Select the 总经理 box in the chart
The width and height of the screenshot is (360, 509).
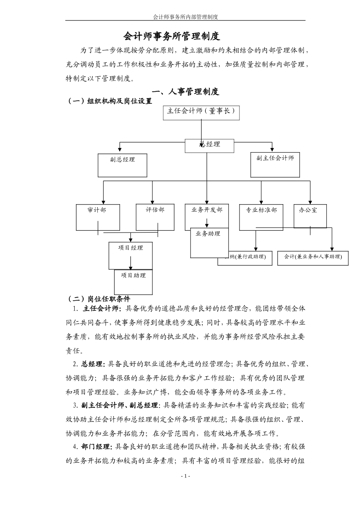pos(210,145)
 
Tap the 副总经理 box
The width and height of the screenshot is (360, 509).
pos(122,165)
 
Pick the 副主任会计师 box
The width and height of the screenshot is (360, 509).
pos(275,165)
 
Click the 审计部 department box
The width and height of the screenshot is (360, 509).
pos(97,217)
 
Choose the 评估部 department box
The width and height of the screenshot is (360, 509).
pos(155,217)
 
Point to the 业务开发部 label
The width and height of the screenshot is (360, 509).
pos(207,210)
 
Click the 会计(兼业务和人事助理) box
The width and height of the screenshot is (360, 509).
pos(313,257)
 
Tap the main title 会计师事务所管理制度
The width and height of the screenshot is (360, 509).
pos(172,37)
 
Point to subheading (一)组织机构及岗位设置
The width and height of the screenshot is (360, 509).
pos(109,101)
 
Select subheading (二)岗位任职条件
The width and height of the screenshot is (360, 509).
pos(98,299)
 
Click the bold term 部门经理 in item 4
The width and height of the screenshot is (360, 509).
pos(96,447)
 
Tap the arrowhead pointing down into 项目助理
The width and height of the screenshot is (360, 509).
pos(131,268)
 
